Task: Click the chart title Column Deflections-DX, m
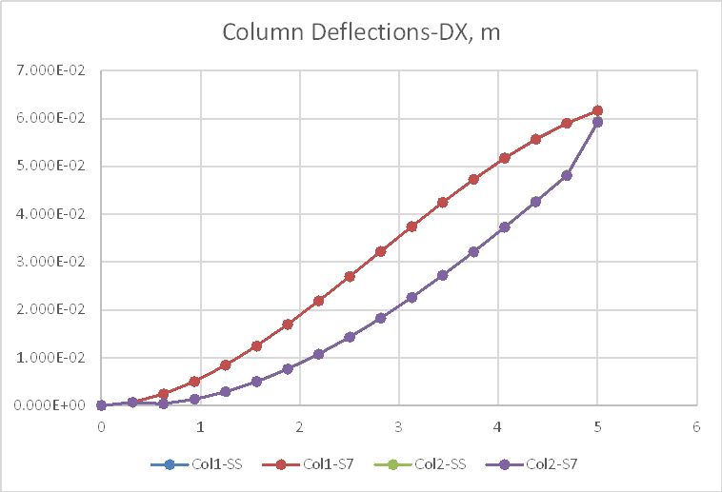361,32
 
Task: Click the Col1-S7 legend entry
321,464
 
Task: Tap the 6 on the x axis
696,426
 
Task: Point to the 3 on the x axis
399,426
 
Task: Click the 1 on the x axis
200,426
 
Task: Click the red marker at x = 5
597,110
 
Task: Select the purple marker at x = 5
597,122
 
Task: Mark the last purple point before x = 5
567,175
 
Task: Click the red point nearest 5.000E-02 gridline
505,158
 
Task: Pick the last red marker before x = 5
567,123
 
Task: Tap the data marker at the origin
101,405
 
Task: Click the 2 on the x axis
300,426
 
